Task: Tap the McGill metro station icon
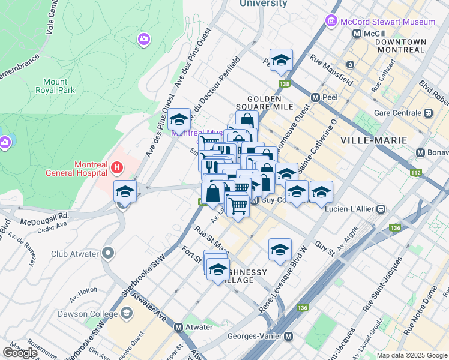(357, 34)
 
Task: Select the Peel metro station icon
(315, 97)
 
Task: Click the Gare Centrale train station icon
(429, 113)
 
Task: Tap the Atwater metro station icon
(178, 327)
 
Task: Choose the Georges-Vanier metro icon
(289, 337)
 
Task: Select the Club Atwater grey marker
(107, 253)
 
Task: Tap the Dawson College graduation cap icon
(127, 313)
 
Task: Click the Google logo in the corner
(20, 353)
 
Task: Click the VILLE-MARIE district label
(373, 140)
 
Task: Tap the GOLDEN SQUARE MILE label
(270, 103)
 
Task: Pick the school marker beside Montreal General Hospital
(125, 192)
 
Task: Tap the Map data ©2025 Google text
(411, 355)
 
